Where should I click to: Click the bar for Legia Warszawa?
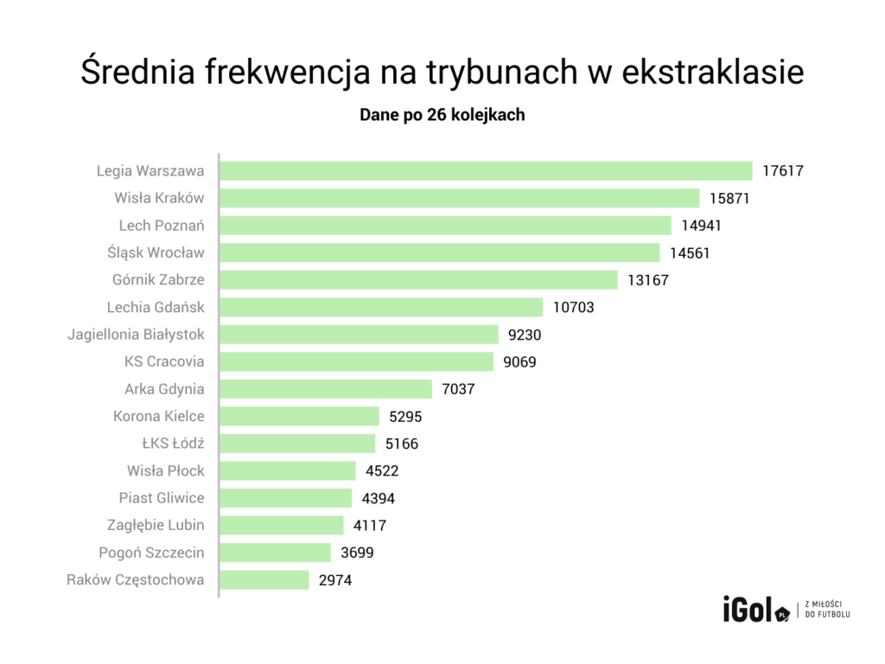click(486, 170)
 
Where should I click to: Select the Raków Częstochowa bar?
click(264, 579)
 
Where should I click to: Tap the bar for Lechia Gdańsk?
click(381, 307)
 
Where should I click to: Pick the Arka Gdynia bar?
click(326, 389)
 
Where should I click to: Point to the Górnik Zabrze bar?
click(418, 280)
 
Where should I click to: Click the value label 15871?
click(729, 198)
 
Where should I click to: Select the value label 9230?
click(525, 335)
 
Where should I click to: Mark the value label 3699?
click(357, 552)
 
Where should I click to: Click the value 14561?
click(689, 252)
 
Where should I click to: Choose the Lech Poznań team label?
click(162, 226)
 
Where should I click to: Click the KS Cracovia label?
click(164, 361)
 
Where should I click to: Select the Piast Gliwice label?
click(162, 498)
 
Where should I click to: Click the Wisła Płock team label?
click(166, 470)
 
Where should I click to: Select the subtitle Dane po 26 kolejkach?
click(442, 115)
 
